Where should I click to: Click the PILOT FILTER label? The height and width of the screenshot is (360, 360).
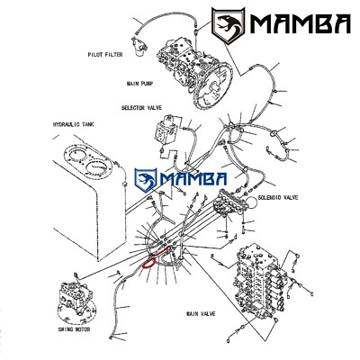105,55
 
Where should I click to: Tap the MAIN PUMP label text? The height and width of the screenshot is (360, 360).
139,84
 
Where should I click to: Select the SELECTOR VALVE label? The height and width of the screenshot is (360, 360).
141,107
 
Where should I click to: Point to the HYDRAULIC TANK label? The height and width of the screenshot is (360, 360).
73,124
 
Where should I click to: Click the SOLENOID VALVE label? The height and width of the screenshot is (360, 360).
278,197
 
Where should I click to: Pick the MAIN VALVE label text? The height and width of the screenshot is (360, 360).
201,314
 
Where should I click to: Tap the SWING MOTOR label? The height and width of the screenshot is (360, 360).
74,329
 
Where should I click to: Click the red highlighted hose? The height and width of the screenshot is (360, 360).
156,256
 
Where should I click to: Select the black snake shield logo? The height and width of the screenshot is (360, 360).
228,24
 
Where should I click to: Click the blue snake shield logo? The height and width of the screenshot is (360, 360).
146,180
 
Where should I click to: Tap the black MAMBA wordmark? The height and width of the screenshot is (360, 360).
300,24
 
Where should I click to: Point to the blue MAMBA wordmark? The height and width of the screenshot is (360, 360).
193,179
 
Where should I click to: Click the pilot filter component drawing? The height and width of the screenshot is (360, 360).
139,45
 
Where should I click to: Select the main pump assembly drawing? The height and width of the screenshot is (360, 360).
194,71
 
